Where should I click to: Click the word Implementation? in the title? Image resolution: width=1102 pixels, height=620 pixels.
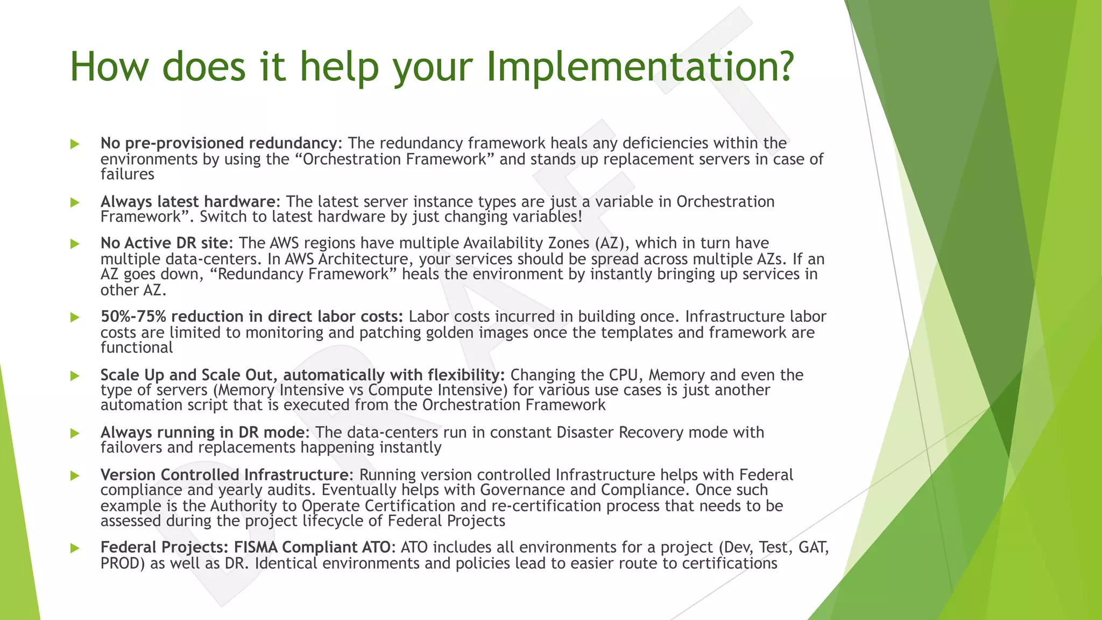(640, 67)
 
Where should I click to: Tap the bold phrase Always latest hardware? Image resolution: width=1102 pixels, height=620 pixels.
(188, 201)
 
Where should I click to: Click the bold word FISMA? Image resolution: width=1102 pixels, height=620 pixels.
(255, 547)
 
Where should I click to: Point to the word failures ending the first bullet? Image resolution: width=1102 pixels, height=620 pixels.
(128, 174)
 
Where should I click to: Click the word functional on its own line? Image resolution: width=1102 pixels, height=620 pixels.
(137, 348)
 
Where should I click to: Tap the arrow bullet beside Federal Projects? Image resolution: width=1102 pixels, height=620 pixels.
(75, 548)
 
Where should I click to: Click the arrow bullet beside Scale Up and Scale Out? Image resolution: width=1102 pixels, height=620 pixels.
(75, 376)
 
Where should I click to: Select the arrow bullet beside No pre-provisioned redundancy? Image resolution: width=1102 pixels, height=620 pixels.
(75, 144)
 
